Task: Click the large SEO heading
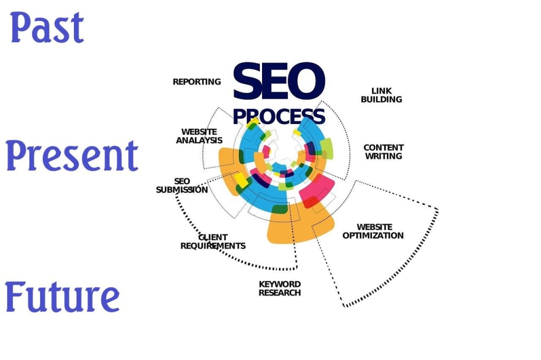click(278, 82)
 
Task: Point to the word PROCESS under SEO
click(278, 116)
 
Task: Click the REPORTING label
click(197, 82)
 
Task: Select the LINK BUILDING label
click(381, 95)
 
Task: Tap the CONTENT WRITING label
click(384, 151)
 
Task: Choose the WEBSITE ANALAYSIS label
click(199, 136)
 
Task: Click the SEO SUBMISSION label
click(182, 185)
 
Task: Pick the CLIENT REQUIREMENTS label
click(213, 242)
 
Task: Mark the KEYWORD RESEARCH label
click(279, 288)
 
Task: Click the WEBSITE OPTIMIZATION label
click(373, 231)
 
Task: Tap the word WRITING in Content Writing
click(384, 156)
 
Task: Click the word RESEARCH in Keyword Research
click(279, 292)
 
